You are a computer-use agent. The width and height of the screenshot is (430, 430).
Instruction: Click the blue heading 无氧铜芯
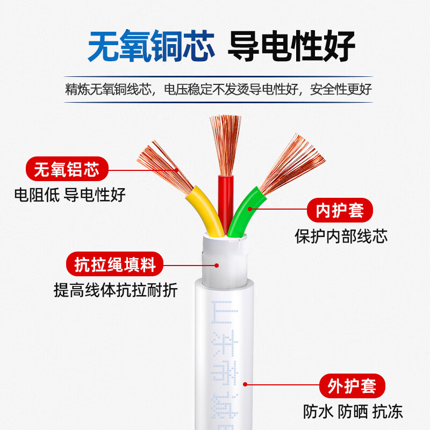(x=151, y=47)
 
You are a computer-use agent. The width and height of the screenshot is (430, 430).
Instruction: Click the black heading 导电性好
(x=291, y=47)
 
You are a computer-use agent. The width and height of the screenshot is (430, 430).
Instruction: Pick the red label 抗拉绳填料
(x=114, y=264)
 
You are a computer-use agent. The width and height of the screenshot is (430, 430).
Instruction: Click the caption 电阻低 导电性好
(x=69, y=194)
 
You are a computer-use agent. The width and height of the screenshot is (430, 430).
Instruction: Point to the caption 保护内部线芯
(x=341, y=236)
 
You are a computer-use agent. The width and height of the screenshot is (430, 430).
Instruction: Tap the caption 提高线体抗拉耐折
(x=116, y=290)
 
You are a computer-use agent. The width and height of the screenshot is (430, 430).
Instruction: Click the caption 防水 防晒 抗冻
(x=352, y=412)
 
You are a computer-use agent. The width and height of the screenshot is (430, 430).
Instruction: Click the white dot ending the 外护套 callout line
(x=245, y=385)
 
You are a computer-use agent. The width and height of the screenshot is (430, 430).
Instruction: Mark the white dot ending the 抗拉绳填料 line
(x=217, y=264)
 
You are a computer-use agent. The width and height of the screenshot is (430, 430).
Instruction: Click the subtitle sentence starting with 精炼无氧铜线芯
(x=218, y=89)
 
